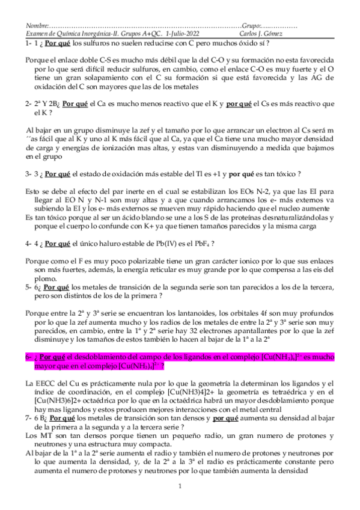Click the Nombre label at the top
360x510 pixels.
pyautogui.click(x=35, y=27)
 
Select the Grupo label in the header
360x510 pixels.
pyautogui.click(x=252, y=27)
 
